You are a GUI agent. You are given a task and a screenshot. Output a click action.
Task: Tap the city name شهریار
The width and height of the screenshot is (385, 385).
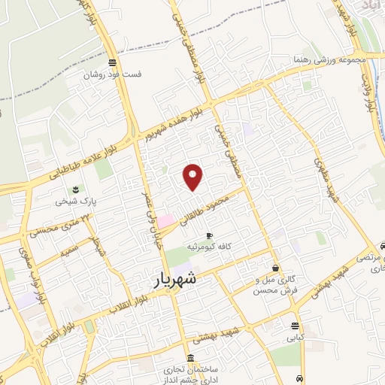coord(178,278)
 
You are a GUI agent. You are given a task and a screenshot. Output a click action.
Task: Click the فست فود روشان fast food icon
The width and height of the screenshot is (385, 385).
coord(112,63)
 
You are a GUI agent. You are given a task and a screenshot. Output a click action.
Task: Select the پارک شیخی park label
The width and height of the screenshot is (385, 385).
coord(74,202)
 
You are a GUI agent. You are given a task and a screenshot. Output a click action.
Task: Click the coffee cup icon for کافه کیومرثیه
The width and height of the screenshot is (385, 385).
coord(209,235)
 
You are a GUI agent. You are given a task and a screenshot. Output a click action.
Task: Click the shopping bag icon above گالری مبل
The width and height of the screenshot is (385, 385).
coord(276,268)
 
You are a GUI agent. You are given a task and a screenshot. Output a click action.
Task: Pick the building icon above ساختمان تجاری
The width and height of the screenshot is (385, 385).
coord(188,358)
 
